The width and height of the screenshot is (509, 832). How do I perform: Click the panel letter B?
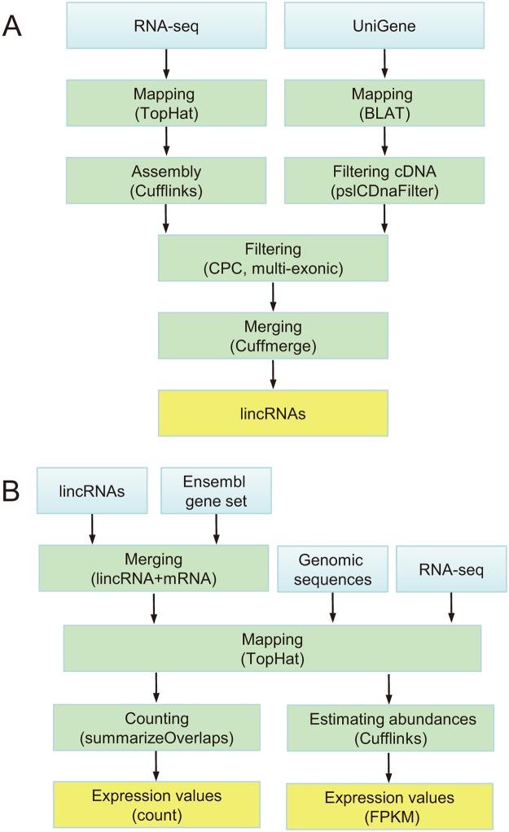[14, 490]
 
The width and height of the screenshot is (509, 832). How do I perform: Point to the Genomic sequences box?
[331, 570]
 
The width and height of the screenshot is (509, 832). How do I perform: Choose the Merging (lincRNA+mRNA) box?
[152, 570]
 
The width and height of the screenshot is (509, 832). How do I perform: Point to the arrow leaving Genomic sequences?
[331, 609]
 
